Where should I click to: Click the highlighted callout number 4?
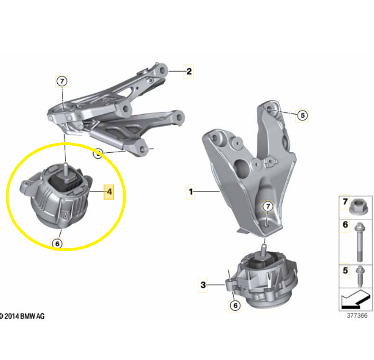109,192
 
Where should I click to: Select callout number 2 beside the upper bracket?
189,71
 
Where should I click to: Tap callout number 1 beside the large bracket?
191,192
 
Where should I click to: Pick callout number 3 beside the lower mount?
203,285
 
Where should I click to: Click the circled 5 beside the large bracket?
302,116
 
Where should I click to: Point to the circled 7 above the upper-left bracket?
62,82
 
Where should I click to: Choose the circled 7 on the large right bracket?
268,206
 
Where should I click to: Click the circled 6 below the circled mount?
57,244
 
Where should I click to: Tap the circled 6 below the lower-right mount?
235,305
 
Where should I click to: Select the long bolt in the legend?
360,242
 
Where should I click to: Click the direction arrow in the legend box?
356,299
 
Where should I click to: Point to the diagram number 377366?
357,315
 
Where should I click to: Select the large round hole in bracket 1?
242,168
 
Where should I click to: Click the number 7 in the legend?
345,201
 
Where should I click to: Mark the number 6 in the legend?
345,225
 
